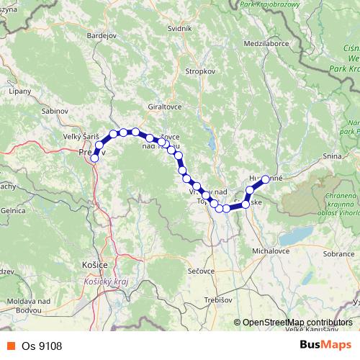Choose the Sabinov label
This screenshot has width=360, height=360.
tap(55, 112)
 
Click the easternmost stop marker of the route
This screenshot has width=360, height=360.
tap(266, 179)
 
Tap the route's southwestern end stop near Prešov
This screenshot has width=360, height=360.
tap(94, 158)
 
